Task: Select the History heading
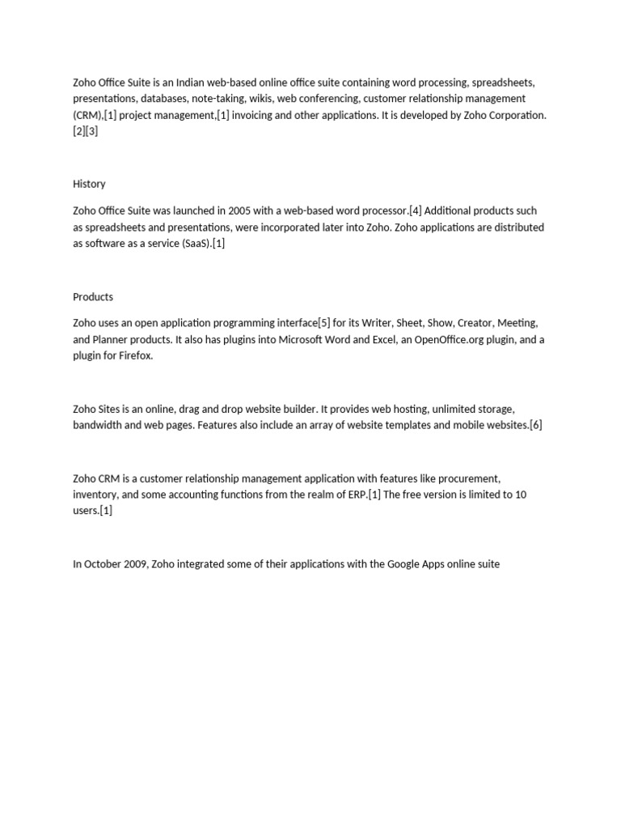(x=89, y=184)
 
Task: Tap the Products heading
(x=93, y=297)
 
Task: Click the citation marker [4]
(x=416, y=210)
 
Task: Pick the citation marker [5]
(x=325, y=324)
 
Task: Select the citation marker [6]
(x=535, y=425)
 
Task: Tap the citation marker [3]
(x=92, y=131)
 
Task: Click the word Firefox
(x=133, y=356)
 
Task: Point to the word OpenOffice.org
(x=447, y=340)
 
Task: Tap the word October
(x=104, y=563)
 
